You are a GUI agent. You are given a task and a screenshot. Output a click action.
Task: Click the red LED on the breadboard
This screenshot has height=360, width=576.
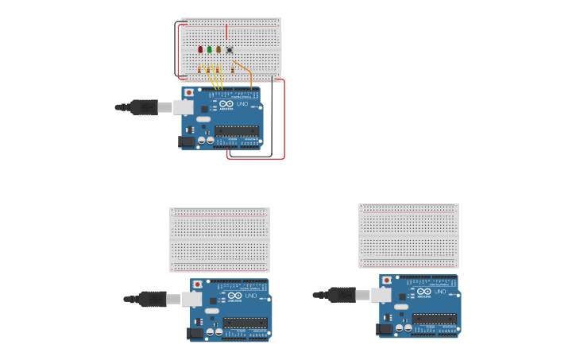(x=200, y=49)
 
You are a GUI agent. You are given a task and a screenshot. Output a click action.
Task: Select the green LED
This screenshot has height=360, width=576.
(x=210, y=49)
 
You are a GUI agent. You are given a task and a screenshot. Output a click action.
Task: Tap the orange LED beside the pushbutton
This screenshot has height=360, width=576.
(x=218, y=49)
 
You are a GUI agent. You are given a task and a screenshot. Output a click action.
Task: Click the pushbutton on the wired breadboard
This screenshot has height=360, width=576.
(x=230, y=49)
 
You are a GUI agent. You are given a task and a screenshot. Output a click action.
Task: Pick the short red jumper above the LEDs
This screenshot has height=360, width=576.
(x=226, y=32)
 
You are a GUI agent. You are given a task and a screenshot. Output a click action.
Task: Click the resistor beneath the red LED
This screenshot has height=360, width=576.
(x=199, y=69)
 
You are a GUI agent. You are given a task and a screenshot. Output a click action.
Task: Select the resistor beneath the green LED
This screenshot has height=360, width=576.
(x=209, y=69)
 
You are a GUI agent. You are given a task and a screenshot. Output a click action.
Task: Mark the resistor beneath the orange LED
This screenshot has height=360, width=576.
(x=218, y=69)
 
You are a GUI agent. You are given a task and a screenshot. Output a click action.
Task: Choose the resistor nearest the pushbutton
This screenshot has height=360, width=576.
(x=233, y=69)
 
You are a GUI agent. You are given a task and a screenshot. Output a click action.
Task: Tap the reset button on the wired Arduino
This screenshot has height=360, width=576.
(x=189, y=92)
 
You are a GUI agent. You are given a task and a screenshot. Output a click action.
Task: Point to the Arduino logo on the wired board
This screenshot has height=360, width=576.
(x=226, y=104)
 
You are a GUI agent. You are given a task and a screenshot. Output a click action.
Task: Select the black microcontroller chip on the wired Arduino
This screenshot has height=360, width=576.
(x=236, y=131)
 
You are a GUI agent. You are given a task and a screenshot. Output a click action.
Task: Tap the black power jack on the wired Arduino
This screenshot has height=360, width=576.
(x=187, y=141)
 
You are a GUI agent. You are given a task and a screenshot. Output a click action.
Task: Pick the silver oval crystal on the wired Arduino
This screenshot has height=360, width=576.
(x=203, y=119)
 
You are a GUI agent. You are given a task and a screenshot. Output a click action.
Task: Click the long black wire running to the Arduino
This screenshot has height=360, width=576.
(x=272, y=119)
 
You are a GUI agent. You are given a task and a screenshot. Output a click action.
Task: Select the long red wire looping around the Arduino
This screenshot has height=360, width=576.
(x=284, y=119)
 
